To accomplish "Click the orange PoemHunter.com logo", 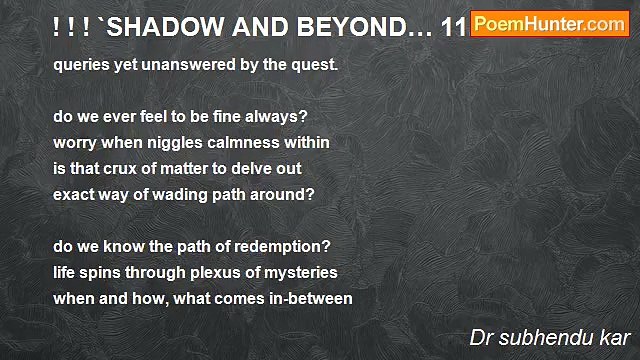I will pyautogui.click(x=549, y=24).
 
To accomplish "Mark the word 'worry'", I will pyautogui.click(x=76, y=143).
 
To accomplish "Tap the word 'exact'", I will pyautogui.click(x=75, y=194).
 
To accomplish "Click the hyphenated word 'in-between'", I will pyautogui.click(x=311, y=298).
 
